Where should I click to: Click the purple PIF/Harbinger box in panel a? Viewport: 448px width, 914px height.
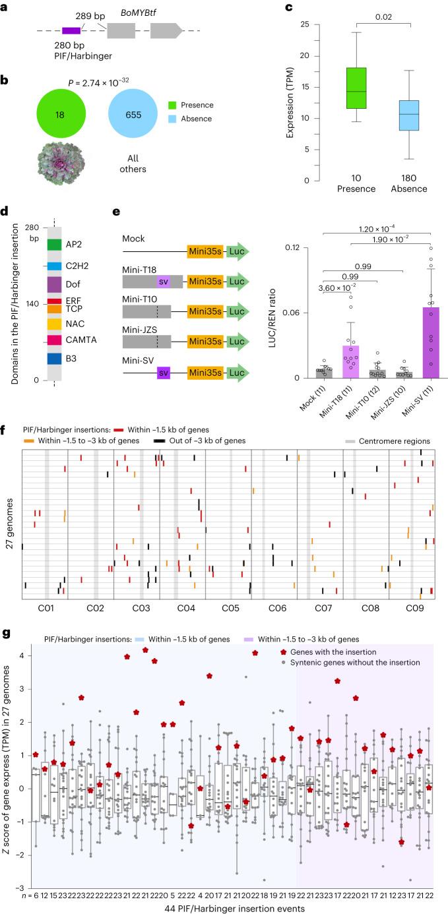pos(71,30)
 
